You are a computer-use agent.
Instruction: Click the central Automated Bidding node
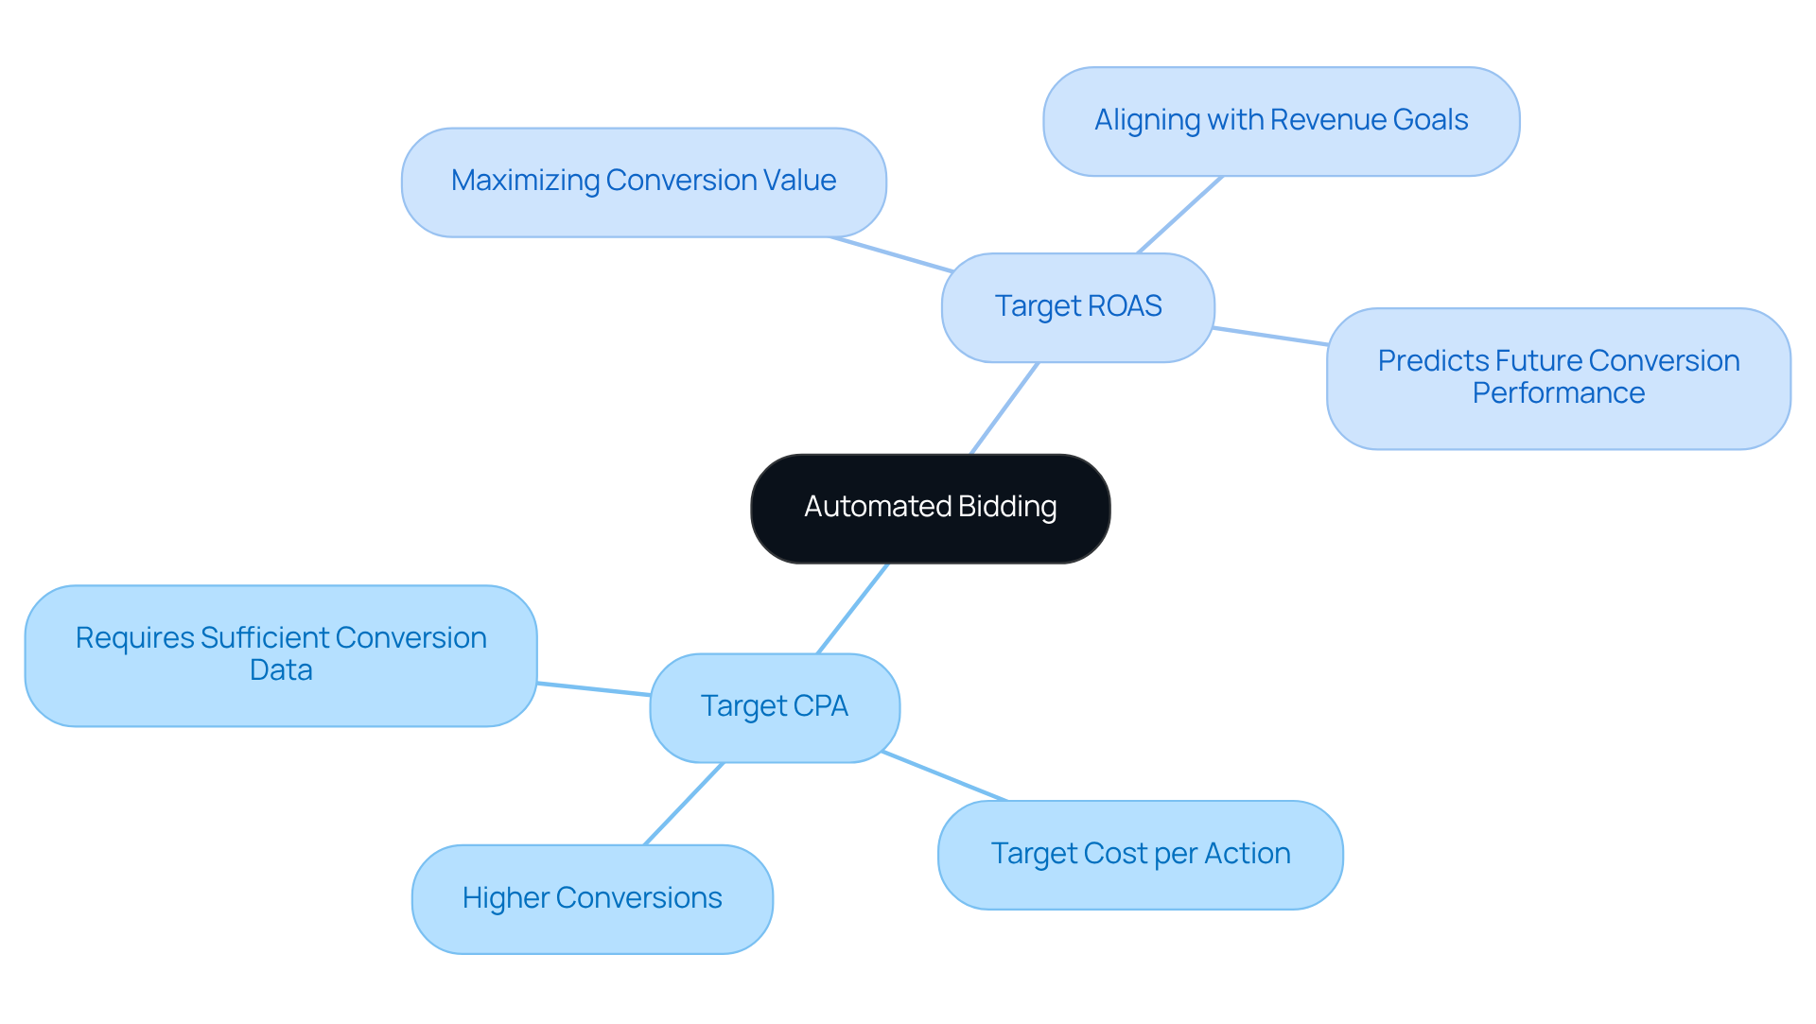930,509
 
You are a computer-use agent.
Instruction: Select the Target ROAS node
1077,307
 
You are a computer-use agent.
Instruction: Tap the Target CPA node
774,707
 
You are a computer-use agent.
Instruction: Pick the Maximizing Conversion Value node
643,182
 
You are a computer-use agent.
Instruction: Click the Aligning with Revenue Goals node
1281,121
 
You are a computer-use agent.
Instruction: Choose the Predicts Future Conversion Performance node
1558,378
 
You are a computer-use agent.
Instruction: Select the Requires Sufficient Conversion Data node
281,655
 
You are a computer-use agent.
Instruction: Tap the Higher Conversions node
592,899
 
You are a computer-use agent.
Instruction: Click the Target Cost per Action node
1140,855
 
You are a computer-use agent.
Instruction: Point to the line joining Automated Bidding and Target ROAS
1004,408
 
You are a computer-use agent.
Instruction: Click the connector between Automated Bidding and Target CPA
852,609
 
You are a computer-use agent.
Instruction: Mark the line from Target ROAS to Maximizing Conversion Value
891,254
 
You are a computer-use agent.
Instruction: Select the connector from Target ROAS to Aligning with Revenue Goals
1179,215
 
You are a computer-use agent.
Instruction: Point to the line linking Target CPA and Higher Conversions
683,804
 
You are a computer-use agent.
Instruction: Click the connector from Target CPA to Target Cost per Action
944,776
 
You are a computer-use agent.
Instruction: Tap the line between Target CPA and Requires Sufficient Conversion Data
593,688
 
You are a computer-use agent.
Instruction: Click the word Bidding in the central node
1007,507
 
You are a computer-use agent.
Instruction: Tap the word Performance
1558,393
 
